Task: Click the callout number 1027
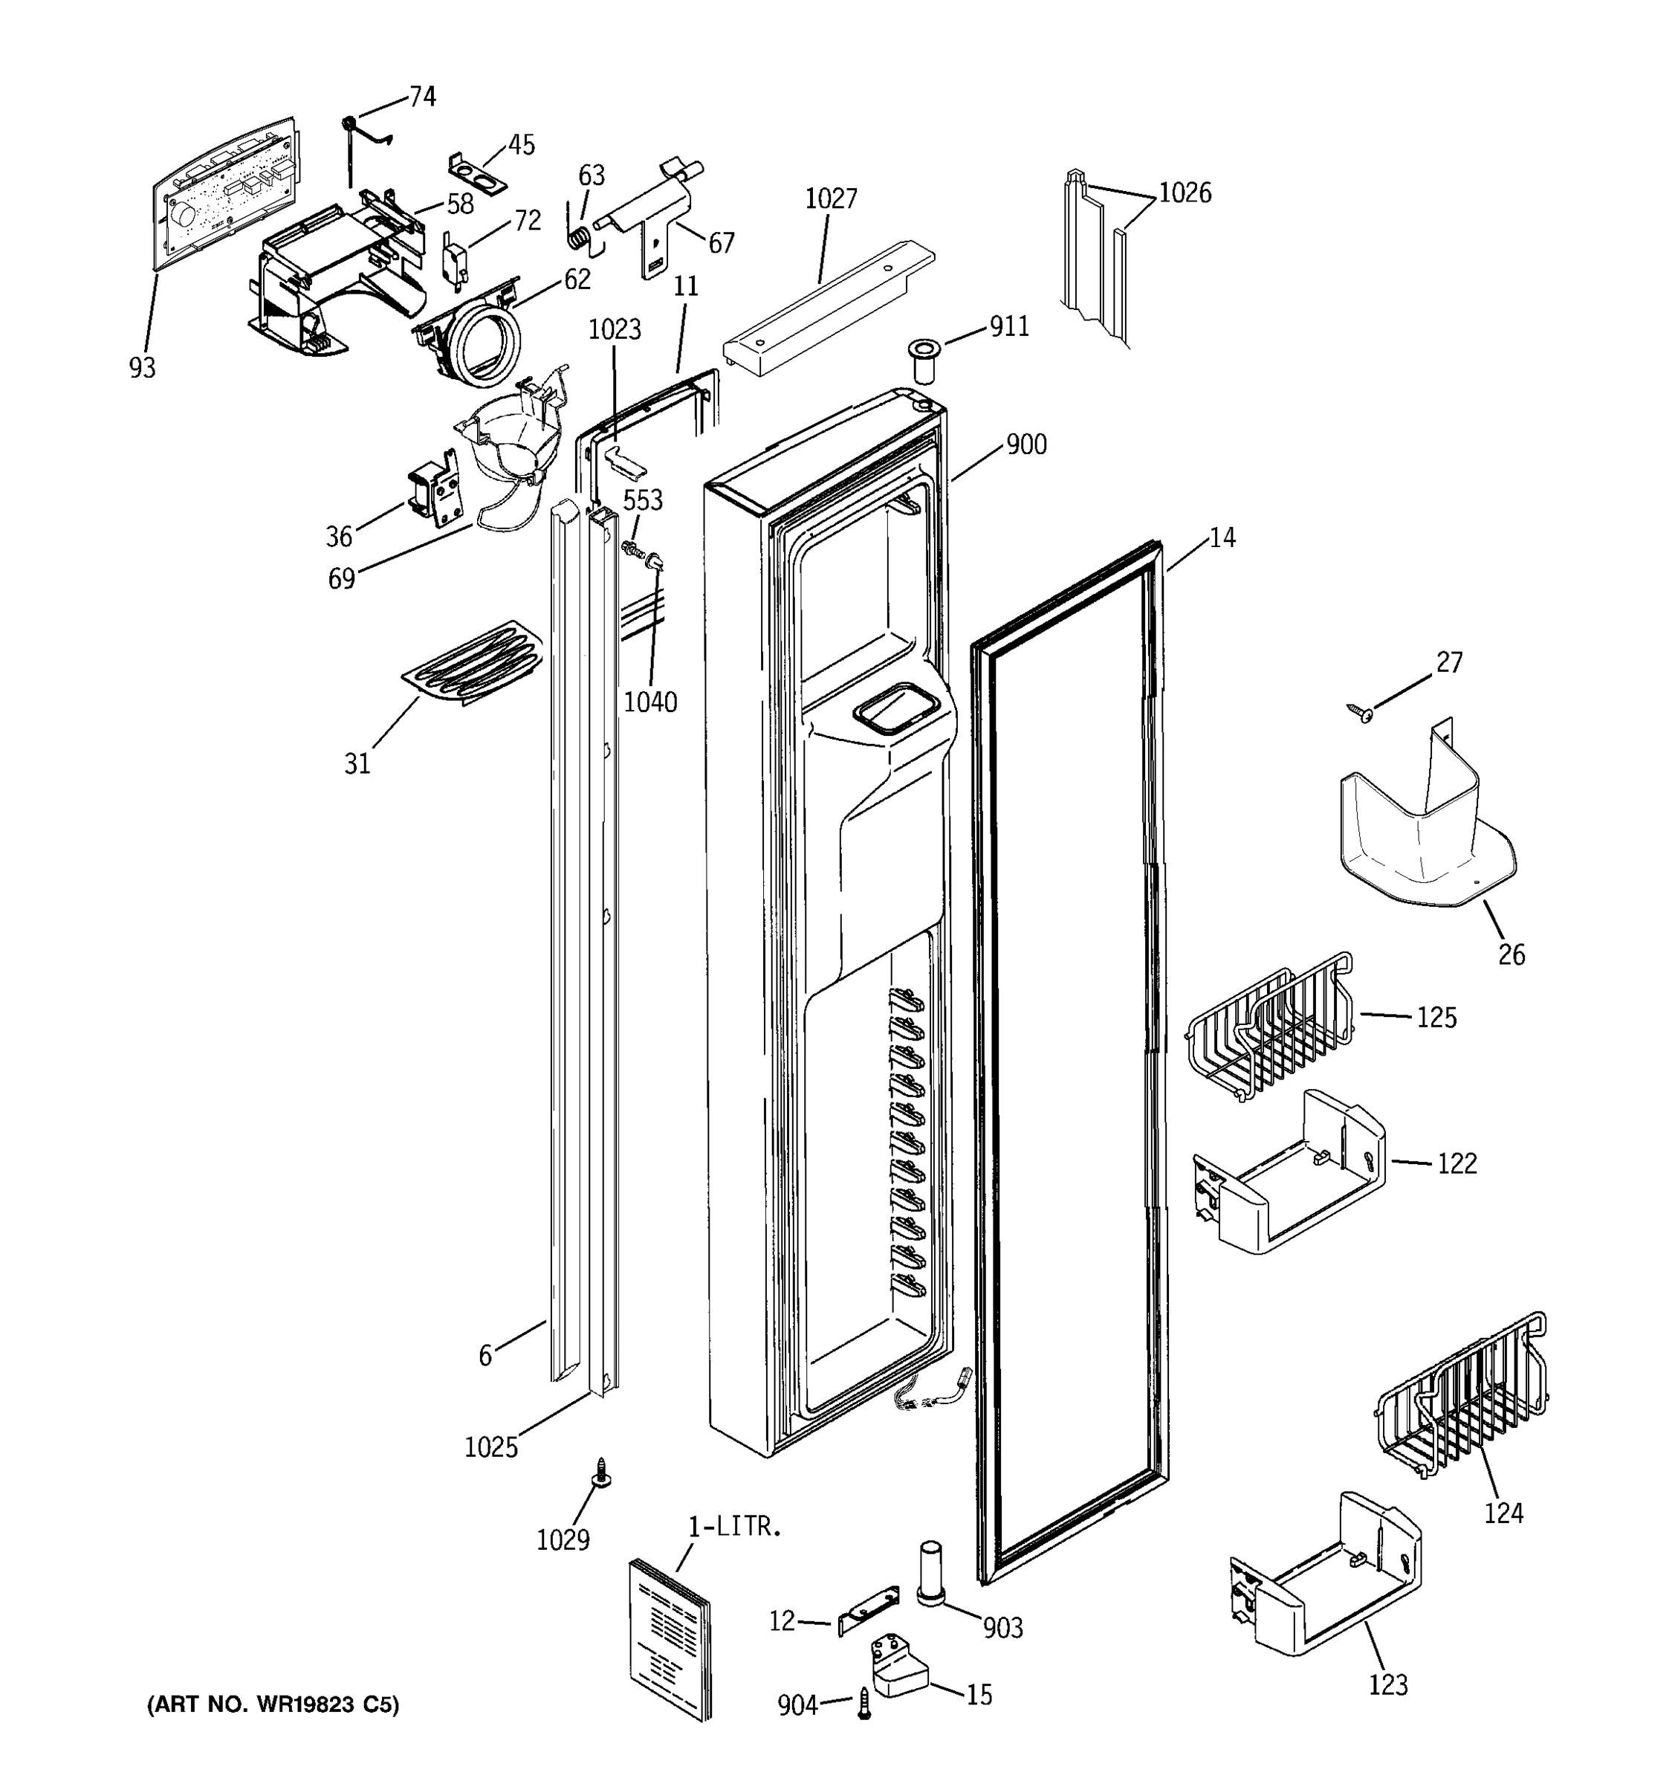coord(830,198)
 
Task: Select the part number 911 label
coord(1009,326)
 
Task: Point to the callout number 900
coord(1026,445)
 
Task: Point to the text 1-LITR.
coord(735,1527)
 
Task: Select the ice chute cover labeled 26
coord(1422,830)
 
